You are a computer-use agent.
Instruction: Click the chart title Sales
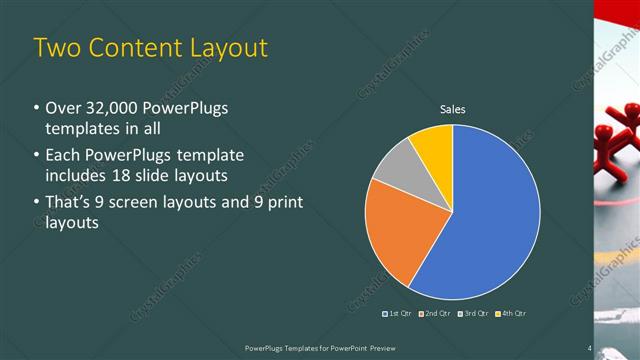(x=453, y=110)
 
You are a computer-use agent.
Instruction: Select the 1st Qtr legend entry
(x=398, y=313)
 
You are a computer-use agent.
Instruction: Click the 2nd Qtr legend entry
(x=434, y=313)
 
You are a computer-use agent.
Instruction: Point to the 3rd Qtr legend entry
(x=471, y=313)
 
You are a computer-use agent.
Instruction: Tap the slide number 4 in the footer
(x=590, y=348)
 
